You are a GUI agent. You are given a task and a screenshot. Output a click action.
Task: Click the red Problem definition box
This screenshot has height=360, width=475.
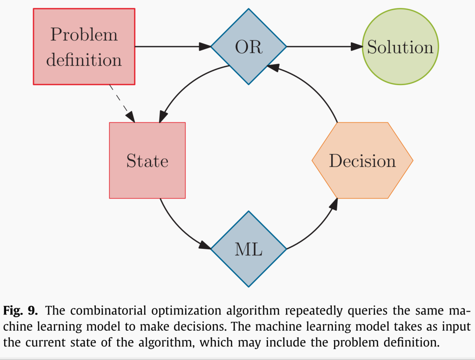coord(84,47)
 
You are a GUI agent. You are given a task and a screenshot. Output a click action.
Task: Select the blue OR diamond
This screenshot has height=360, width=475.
coord(249,47)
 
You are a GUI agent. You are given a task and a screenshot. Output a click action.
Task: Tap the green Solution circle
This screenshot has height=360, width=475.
coord(401,47)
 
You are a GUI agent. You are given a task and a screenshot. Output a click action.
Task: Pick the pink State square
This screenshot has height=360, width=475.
coord(147,160)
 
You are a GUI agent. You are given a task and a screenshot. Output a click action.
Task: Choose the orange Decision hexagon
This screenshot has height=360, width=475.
coord(362,160)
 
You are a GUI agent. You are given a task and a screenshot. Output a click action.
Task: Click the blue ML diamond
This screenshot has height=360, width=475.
coord(249,249)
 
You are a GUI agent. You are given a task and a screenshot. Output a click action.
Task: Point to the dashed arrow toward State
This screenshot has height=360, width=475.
coord(122,104)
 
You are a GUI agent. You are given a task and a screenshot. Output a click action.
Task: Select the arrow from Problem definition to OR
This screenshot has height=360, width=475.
coord(173,47)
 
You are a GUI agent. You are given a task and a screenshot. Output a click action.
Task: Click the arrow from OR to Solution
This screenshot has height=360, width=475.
coord(325,47)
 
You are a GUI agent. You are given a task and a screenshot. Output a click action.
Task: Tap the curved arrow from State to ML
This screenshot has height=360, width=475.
coord(179,230)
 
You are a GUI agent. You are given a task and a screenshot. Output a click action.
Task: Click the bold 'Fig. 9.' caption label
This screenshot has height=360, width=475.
coord(20,311)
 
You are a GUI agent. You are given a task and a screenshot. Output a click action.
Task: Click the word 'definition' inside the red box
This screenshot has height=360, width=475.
coord(84,60)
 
